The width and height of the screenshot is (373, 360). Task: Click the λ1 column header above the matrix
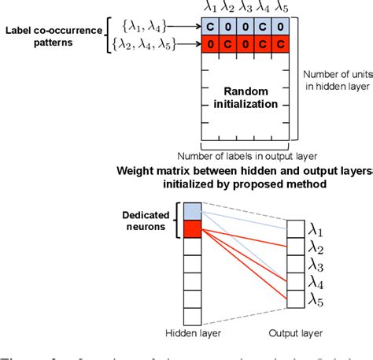pyautogui.click(x=210, y=9)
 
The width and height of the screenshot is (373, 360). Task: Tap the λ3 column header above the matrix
pyautogui.click(x=246, y=9)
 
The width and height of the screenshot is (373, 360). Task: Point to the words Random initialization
pyautogui.click(x=246, y=98)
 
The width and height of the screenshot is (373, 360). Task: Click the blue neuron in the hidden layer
pyautogui.click(x=193, y=210)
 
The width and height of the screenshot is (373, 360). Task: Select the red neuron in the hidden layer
pyautogui.click(x=193, y=228)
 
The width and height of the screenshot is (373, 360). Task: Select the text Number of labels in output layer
pyautogui.click(x=246, y=154)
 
